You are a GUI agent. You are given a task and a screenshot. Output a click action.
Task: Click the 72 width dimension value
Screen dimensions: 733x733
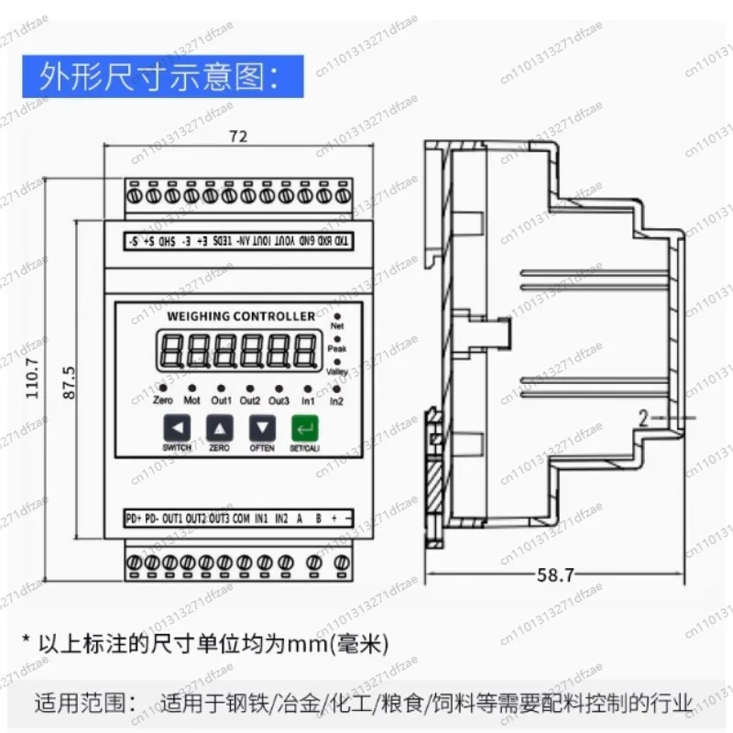(x=238, y=137)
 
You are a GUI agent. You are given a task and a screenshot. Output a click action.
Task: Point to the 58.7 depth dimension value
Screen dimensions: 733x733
(x=556, y=575)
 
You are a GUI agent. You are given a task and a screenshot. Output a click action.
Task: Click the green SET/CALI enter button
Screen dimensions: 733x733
(x=303, y=428)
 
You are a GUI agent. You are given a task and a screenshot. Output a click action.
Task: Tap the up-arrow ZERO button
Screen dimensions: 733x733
(x=220, y=428)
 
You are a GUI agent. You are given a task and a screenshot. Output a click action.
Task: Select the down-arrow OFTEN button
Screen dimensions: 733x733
(x=263, y=428)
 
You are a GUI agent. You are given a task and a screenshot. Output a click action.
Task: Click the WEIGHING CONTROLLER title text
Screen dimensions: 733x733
(x=242, y=316)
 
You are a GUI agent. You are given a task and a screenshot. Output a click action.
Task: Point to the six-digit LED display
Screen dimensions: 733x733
(x=235, y=351)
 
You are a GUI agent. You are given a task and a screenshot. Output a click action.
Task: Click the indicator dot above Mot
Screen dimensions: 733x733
(x=191, y=388)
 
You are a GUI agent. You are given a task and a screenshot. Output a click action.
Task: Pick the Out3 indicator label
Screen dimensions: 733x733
(x=279, y=401)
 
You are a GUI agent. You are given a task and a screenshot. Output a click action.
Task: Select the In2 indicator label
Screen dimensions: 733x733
(x=336, y=401)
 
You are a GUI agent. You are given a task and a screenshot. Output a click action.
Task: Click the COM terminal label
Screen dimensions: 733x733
(x=241, y=520)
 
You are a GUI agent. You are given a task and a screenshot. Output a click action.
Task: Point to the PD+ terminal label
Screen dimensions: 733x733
(x=134, y=520)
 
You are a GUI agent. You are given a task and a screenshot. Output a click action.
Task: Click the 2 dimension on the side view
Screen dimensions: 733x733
(x=644, y=419)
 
